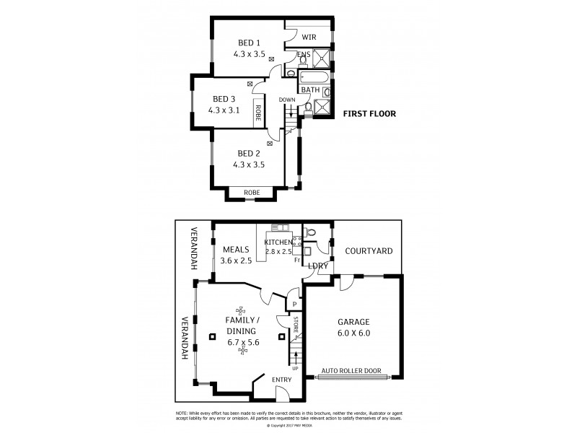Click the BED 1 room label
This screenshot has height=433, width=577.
click(x=249, y=43)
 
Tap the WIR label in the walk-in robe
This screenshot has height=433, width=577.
click(x=309, y=36)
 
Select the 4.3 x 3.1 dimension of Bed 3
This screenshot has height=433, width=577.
click(x=223, y=110)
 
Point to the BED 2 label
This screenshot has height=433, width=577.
click(x=249, y=153)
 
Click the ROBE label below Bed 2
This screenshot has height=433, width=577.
click(x=252, y=193)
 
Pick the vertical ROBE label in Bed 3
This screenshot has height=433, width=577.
click(x=257, y=114)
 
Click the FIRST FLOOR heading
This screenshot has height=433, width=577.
click(x=369, y=113)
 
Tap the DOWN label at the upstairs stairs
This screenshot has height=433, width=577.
click(x=287, y=100)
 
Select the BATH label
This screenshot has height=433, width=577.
click(x=311, y=90)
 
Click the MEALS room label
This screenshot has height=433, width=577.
click(x=236, y=250)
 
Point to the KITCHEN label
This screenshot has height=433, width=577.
click(x=278, y=242)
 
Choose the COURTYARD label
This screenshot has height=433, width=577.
click(x=369, y=251)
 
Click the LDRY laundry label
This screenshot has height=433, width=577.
click(x=318, y=266)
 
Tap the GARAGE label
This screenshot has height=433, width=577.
click(x=353, y=323)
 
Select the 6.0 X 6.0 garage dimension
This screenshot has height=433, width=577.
click(x=353, y=333)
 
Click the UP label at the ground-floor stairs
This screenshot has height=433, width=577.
click(x=295, y=368)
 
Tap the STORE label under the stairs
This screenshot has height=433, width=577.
click(x=295, y=324)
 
